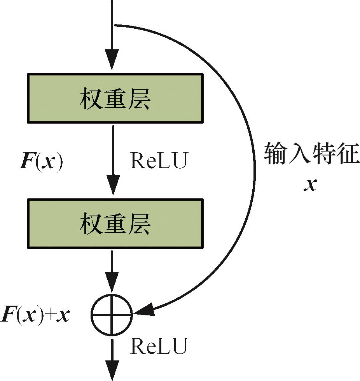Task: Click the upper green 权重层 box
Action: pyautogui.click(x=115, y=98)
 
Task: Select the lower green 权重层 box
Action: pyautogui.click(x=115, y=223)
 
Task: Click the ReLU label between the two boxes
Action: pyautogui.click(x=159, y=160)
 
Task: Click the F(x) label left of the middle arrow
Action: pyautogui.click(x=41, y=163)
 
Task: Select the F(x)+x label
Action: pyautogui.click(x=35, y=315)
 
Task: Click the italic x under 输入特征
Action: pyautogui.click(x=310, y=185)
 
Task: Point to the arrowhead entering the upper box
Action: pyautogui.click(x=112, y=61)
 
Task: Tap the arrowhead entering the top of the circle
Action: pyautogui.click(x=112, y=286)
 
